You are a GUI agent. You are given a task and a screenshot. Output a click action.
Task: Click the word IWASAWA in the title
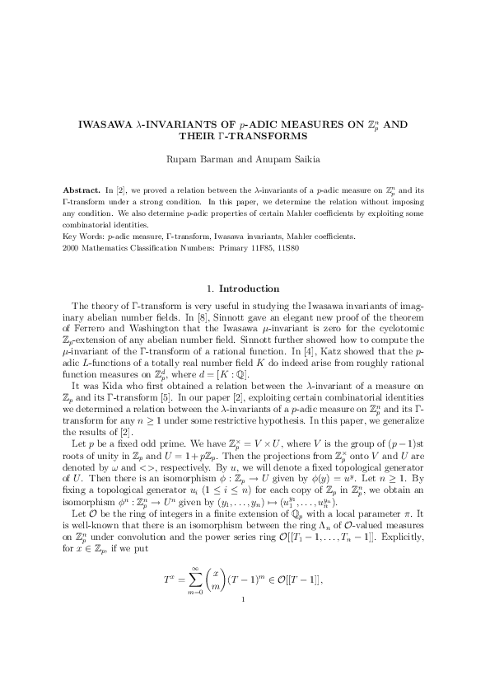(104, 124)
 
